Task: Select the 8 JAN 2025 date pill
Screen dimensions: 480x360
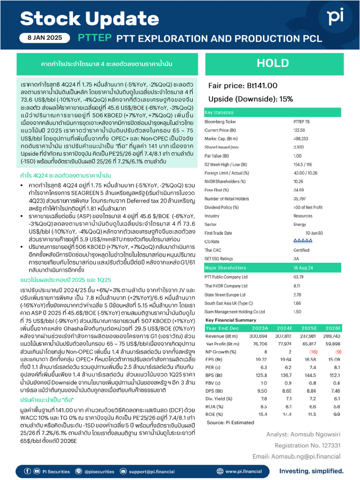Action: (x=45, y=38)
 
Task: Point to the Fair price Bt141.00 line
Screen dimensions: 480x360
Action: (x=243, y=85)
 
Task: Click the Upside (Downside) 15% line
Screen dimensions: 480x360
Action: (x=251, y=99)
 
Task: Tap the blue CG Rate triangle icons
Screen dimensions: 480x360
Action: (x=303, y=241)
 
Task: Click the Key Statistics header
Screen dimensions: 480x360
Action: (x=219, y=113)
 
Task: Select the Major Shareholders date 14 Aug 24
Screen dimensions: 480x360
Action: (x=304, y=268)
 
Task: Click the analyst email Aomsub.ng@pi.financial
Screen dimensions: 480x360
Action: (x=297, y=456)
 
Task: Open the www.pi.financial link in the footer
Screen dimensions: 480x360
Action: (x=243, y=471)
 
